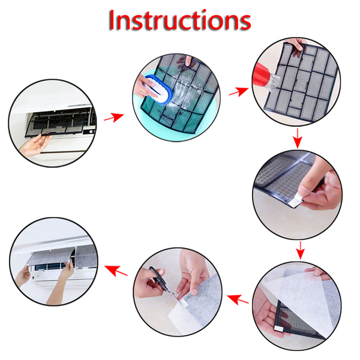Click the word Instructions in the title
pos(179,20)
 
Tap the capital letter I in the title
pos(113,20)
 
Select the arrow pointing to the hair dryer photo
pos(238,91)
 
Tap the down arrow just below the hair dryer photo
pos(296,141)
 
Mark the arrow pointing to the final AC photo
pos(118,271)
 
